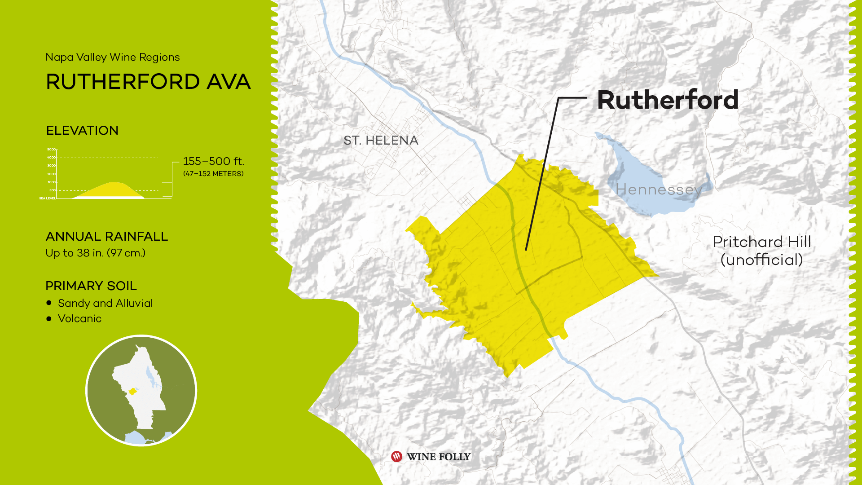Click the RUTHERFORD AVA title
tap(148, 82)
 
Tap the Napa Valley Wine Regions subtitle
tap(112, 57)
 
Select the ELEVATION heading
tap(82, 131)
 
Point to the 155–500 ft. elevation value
tap(213, 161)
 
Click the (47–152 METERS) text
tap(213, 174)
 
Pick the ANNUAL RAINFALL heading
tap(107, 237)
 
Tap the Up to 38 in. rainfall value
tap(95, 253)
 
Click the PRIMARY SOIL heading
tap(91, 286)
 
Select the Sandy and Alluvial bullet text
tap(105, 303)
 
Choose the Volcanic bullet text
tap(79, 318)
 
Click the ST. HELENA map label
tap(381, 141)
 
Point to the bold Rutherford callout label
tap(668, 100)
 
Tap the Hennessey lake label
tap(659, 190)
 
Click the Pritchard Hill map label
tap(762, 242)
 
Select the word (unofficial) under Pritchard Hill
tap(761, 260)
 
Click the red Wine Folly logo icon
tap(396, 457)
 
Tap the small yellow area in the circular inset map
tap(132, 392)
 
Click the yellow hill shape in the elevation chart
tap(112, 190)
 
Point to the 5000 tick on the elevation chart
tap(51, 150)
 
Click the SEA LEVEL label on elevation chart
tap(47, 198)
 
